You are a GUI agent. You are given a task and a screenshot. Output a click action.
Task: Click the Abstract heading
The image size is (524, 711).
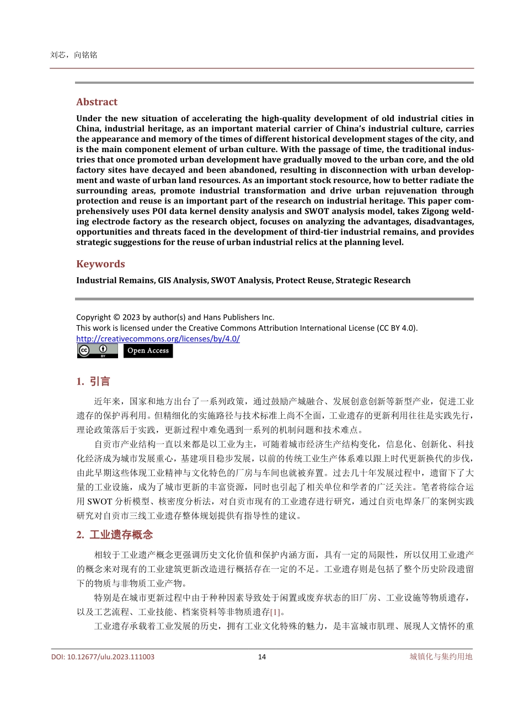97,102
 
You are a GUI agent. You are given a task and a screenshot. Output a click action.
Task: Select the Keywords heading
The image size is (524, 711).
100,264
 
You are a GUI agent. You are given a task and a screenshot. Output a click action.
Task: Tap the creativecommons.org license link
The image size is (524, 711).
158,339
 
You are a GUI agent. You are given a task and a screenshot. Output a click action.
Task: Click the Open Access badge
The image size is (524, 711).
148,351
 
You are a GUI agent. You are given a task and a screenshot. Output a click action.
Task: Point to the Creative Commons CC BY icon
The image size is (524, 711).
97,351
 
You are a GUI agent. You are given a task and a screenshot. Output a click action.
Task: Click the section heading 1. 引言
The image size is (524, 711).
93,381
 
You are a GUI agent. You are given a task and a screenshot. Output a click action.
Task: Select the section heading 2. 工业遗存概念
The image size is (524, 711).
114,535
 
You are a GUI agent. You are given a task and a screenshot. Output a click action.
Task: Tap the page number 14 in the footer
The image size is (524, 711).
262,656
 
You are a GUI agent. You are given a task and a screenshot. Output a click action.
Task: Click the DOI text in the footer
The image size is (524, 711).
103,656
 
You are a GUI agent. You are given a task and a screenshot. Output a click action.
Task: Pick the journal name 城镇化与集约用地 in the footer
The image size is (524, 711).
441,656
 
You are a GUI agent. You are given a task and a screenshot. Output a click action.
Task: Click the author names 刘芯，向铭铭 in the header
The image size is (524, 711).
73,55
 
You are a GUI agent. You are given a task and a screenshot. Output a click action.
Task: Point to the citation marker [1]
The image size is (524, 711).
275,612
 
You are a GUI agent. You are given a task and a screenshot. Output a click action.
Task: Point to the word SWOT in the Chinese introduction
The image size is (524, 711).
100,502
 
